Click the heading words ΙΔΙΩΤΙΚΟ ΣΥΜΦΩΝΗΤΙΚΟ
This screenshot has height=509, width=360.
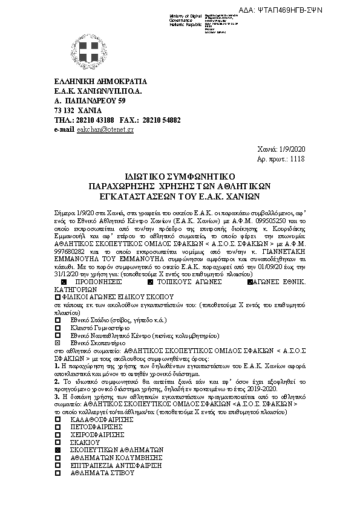pos(179,175)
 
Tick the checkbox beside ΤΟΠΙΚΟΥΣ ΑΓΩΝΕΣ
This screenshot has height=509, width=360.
pos(150,282)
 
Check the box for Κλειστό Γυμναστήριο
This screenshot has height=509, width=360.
pos(58,327)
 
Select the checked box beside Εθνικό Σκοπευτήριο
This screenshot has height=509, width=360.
pos(58,342)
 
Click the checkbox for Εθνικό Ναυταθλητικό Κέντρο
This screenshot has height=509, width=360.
pos(58,335)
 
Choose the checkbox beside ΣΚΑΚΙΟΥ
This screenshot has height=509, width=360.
pos(58,442)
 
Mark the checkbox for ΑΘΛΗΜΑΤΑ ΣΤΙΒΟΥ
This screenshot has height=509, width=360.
pos(58,474)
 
